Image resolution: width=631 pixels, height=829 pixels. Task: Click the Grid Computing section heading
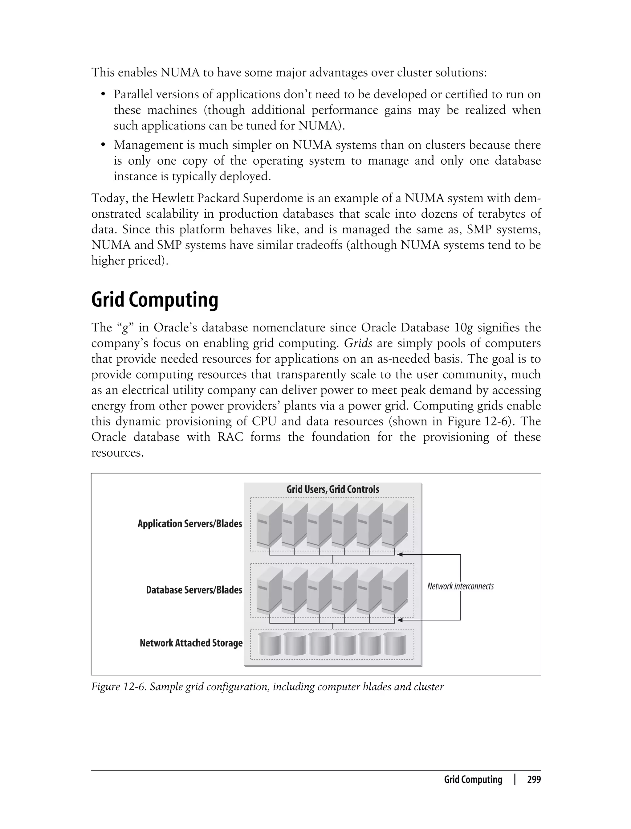[154, 300]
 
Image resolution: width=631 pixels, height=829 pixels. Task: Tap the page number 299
[534, 780]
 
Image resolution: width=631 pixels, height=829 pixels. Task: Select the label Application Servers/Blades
[190, 523]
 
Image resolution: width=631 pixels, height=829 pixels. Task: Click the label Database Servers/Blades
[194, 590]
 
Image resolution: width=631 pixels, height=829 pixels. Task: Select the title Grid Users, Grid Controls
[332, 489]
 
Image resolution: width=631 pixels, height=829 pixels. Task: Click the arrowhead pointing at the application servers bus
[400, 554]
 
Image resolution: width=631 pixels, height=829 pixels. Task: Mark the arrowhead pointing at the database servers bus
[400, 620]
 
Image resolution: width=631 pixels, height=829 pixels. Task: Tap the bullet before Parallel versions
[103, 94]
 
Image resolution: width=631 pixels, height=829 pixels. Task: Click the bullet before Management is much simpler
[103, 145]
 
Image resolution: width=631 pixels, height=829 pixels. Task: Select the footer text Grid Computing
[473, 780]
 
